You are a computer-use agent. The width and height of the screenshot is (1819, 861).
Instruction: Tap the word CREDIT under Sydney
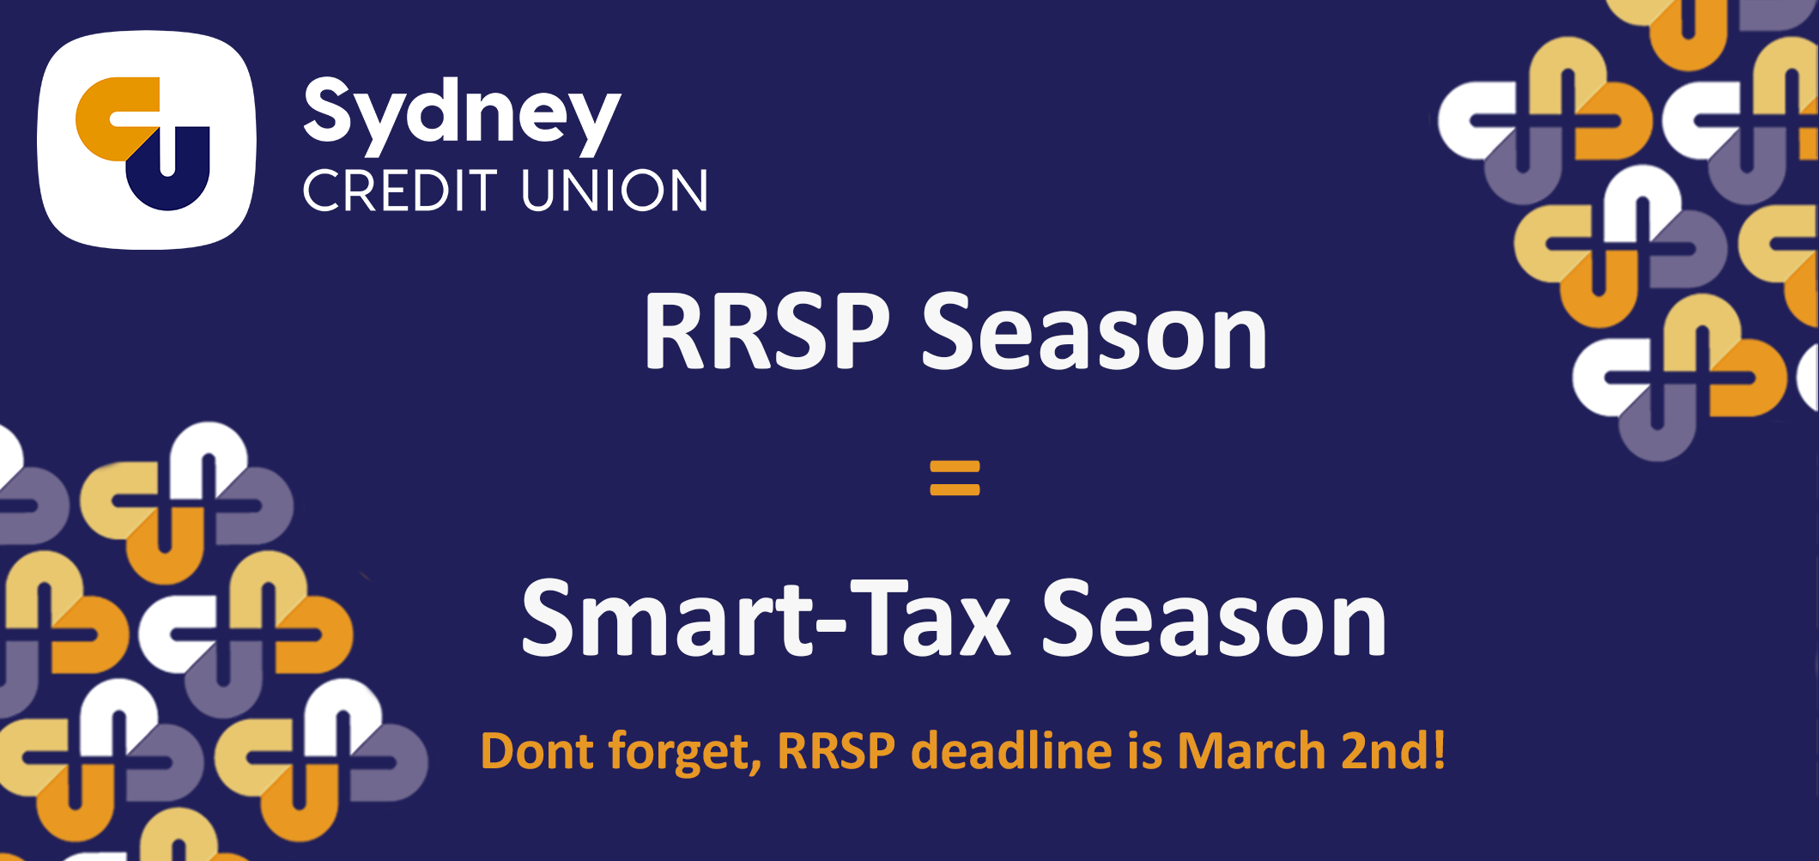tap(400, 190)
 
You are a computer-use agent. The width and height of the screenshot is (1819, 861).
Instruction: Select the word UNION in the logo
tap(615, 190)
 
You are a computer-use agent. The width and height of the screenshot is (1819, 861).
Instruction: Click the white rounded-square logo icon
tap(147, 140)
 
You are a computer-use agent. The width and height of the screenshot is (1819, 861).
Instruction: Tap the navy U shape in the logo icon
tap(169, 169)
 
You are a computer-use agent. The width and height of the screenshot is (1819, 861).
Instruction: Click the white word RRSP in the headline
tap(767, 331)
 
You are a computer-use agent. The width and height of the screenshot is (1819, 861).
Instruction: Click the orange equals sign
tap(955, 478)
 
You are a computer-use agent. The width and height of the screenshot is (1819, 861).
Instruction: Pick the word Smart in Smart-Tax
tap(667, 617)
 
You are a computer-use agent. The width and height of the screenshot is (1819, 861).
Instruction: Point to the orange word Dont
tap(537, 751)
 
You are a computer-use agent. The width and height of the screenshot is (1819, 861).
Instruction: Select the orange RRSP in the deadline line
tap(836, 751)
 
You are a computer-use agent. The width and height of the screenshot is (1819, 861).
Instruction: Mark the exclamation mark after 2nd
tap(1438, 751)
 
